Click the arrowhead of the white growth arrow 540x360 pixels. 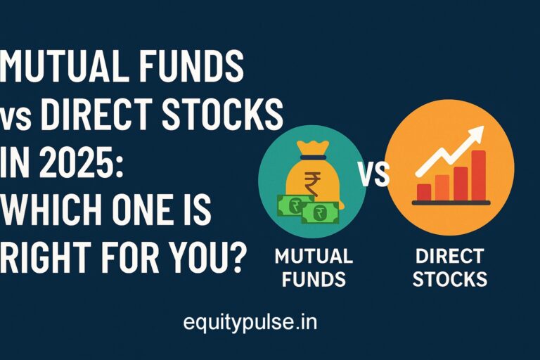click(x=476, y=134)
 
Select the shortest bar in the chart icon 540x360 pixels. click(x=424, y=191)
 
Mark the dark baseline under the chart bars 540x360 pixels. click(x=451, y=203)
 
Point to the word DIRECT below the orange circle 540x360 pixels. click(x=449, y=257)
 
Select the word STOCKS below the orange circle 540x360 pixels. click(x=449, y=279)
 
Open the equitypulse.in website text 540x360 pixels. click(x=250, y=323)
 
